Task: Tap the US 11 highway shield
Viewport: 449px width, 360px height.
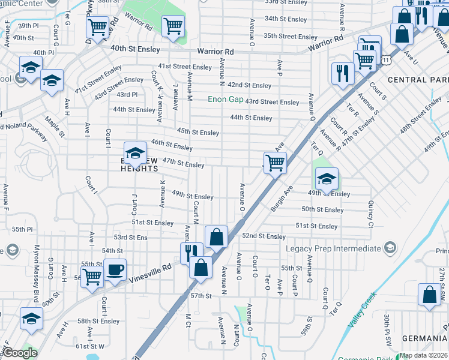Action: point(387,60)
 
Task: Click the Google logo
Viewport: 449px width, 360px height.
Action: point(20,353)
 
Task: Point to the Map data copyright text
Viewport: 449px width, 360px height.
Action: point(423,355)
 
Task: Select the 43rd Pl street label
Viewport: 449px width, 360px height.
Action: point(127,95)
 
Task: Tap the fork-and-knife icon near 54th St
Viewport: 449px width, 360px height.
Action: point(191,251)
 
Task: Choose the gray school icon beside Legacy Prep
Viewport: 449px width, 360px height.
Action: point(390,248)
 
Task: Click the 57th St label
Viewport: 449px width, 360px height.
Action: point(202,296)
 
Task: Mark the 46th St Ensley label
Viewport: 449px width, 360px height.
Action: point(172,146)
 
